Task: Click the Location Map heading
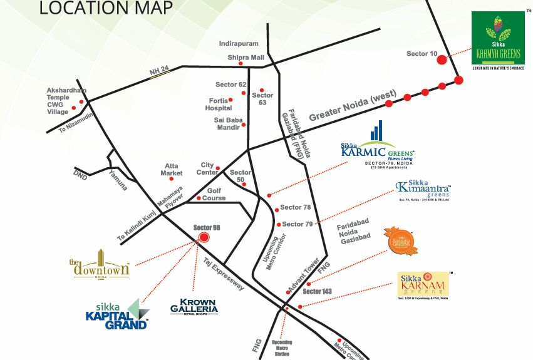click(106, 8)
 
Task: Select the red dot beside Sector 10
click(442, 59)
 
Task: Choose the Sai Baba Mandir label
click(227, 123)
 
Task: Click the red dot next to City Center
click(218, 168)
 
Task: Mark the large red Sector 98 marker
click(202, 238)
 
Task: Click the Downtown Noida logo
click(100, 264)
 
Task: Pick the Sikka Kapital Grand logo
click(117, 315)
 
